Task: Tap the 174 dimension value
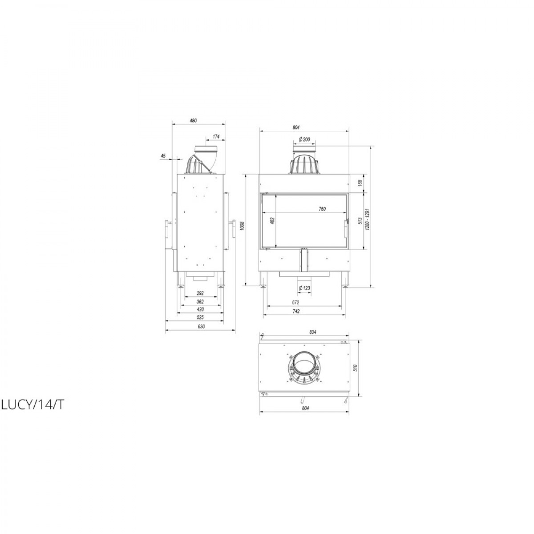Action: point(216,137)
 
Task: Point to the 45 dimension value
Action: point(163,156)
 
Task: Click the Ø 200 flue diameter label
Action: point(304,139)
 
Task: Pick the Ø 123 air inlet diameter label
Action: point(304,288)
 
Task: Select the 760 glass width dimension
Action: point(322,209)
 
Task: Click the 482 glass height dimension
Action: point(272,221)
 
